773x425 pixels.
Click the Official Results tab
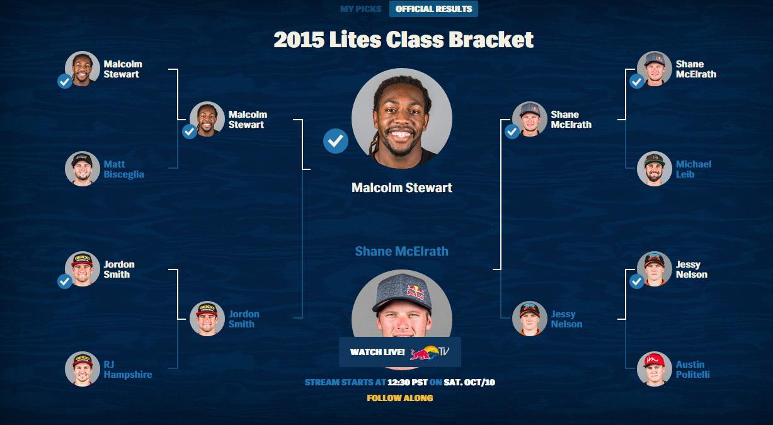(x=433, y=9)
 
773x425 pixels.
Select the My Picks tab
(x=360, y=9)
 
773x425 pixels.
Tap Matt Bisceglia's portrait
(x=82, y=169)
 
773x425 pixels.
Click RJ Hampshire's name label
(x=128, y=370)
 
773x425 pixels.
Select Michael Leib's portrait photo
(x=655, y=169)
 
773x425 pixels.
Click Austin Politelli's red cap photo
(x=655, y=369)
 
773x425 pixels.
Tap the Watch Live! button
(x=400, y=352)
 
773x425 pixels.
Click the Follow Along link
(x=400, y=398)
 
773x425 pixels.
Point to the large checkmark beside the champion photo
(x=336, y=141)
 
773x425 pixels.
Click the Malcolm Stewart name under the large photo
(x=402, y=188)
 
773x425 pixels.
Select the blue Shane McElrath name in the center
(x=402, y=251)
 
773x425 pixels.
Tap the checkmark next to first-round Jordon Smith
(x=64, y=281)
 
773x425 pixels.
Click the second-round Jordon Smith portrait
(x=207, y=319)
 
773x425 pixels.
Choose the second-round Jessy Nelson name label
(x=566, y=319)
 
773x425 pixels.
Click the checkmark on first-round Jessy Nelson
(x=637, y=281)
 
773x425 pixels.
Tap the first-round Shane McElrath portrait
(x=655, y=69)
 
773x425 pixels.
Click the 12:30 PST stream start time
(x=408, y=382)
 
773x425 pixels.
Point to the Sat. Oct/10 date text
(x=469, y=382)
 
